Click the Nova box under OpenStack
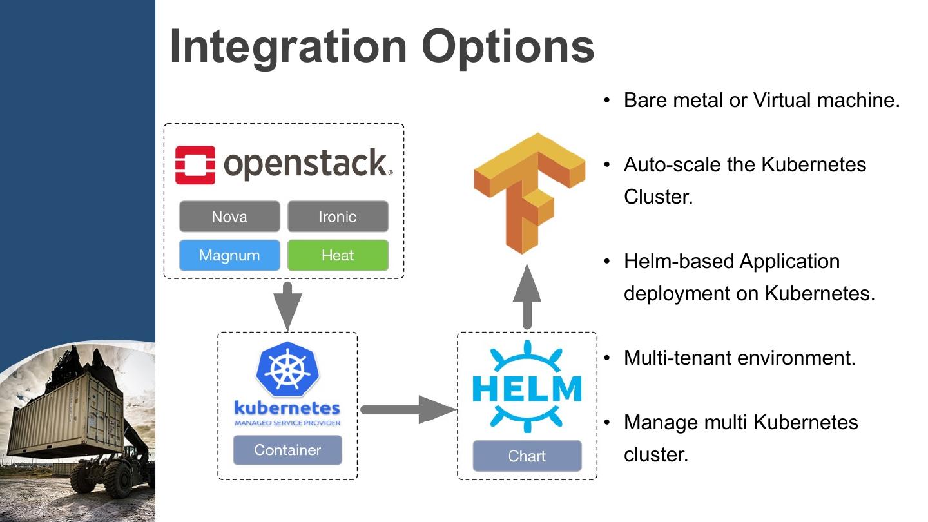pos(229,217)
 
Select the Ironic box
pos(338,217)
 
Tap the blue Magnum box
pos(229,255)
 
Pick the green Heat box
pos(338,255)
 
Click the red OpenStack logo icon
pos(195,164)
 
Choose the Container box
pos(287,450)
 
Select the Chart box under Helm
pos(527,456)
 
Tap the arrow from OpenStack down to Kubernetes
pos(287,304)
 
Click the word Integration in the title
pos(287,46)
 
